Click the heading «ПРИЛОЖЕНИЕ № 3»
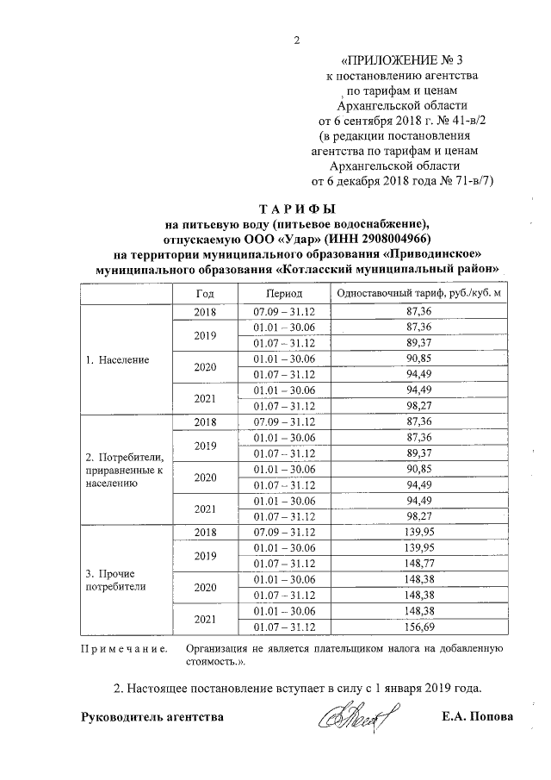401,60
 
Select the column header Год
205,294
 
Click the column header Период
283,294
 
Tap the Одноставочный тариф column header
418,294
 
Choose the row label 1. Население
117,359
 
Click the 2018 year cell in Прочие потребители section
205,532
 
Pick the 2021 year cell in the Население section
205,398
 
